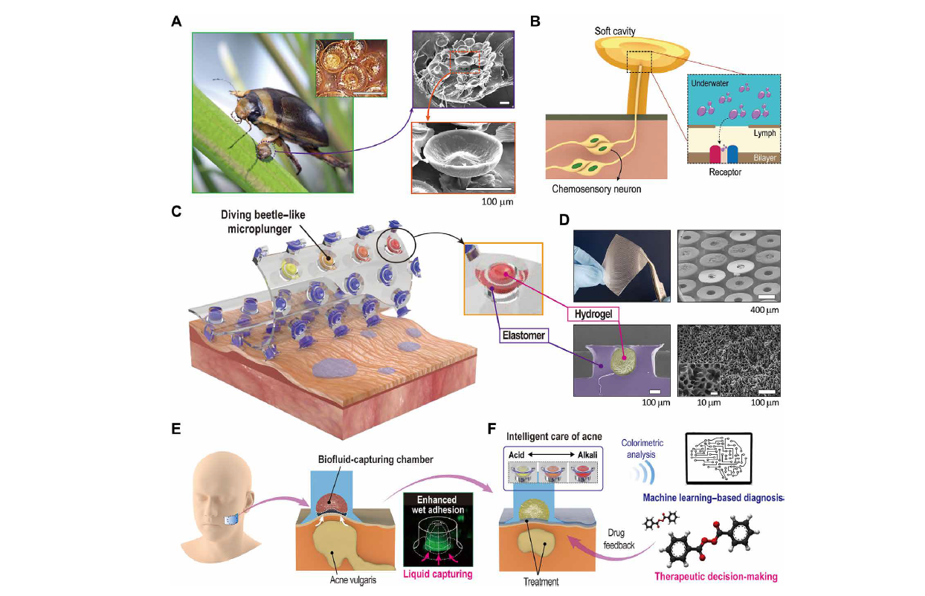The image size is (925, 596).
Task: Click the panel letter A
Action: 176,21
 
